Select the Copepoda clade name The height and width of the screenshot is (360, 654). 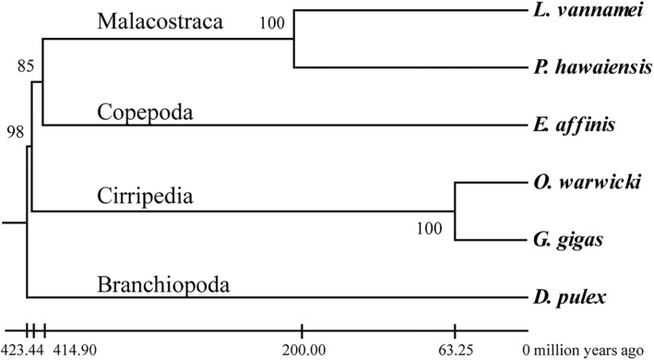pyautogui.click(x=139, y=112)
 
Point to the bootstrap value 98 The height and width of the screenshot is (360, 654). pyautogui.click(x=15, y=131)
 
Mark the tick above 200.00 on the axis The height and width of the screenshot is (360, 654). pyautogui.click(x=301, y=330)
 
